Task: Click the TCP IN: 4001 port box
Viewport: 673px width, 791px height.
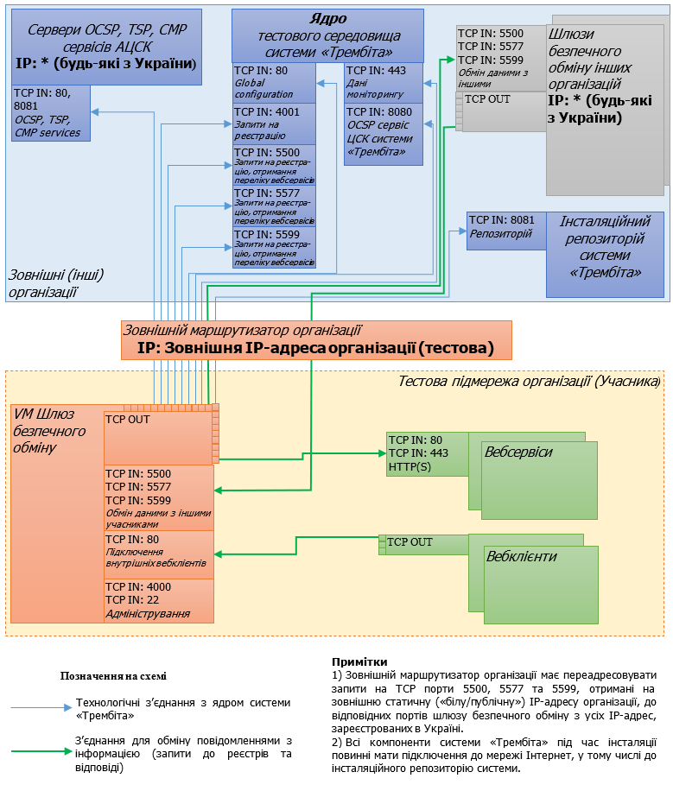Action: coord(274,124)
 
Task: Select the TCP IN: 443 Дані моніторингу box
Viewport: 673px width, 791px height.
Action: coord(384,83)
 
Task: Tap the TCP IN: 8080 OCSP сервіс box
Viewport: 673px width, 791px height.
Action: coord(384,134)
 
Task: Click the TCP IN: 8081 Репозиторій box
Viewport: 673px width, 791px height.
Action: coord(506,231)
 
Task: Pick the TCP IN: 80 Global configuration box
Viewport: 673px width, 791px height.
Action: coord(274,83)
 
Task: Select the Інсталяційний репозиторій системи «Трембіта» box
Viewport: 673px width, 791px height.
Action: coord(605,255)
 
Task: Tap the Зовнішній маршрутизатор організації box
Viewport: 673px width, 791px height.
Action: coord(316,339)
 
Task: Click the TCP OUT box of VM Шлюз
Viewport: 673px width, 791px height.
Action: coord(159,437)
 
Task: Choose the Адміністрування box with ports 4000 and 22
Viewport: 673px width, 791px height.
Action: coord(159,600)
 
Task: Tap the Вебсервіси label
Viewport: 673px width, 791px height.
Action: coord(518,452)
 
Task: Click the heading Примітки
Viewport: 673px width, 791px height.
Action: coord(353,662)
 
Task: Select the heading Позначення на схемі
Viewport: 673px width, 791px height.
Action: coord(113,676)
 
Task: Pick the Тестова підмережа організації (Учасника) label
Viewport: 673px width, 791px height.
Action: coord(529,381)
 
